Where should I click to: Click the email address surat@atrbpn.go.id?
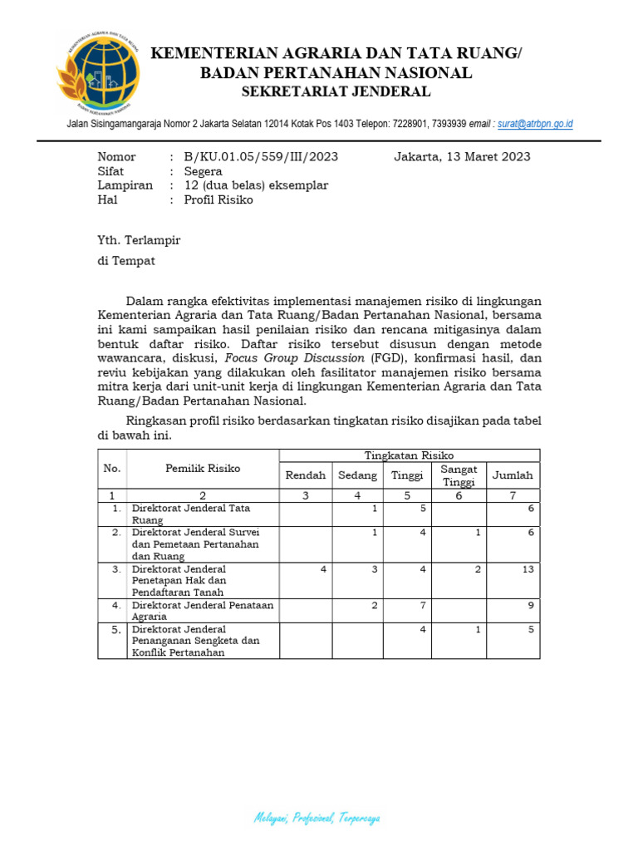coord(535,124)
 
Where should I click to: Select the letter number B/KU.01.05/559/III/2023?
coord(261,157)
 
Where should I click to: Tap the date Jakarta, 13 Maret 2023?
coord(462,157)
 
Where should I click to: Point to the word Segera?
coord(203,171)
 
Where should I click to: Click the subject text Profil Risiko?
coord(218,199)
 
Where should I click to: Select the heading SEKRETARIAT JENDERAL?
coord(336,91)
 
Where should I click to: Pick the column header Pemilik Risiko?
coord(203,469)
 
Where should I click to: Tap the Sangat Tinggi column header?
coord(458,475)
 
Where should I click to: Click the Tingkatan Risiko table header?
coord(410,455)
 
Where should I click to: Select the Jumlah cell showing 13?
coord(528,569)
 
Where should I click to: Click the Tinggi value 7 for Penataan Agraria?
coord(423,605)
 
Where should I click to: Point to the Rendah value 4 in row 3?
coord(322,569)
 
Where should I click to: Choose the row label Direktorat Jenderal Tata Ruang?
coord(190,513)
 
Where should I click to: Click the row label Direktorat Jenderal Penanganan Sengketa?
coord(195,641)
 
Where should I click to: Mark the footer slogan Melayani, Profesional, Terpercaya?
coord(317,819)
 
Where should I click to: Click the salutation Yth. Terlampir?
coord(139,240)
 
